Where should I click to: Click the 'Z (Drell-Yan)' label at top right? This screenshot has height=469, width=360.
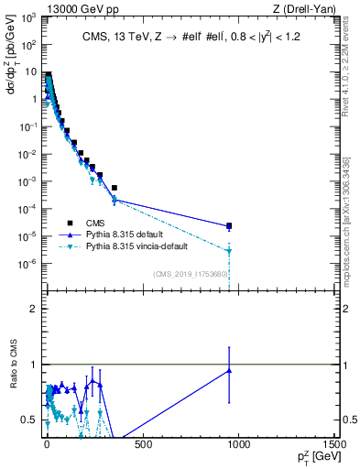(303, 8)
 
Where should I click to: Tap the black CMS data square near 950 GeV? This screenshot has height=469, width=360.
(229, 225)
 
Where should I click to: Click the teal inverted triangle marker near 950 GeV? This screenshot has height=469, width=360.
(229, 251)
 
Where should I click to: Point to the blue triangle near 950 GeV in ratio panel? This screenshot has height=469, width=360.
(229, 370)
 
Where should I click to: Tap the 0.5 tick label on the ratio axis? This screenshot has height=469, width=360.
(33, 420)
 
